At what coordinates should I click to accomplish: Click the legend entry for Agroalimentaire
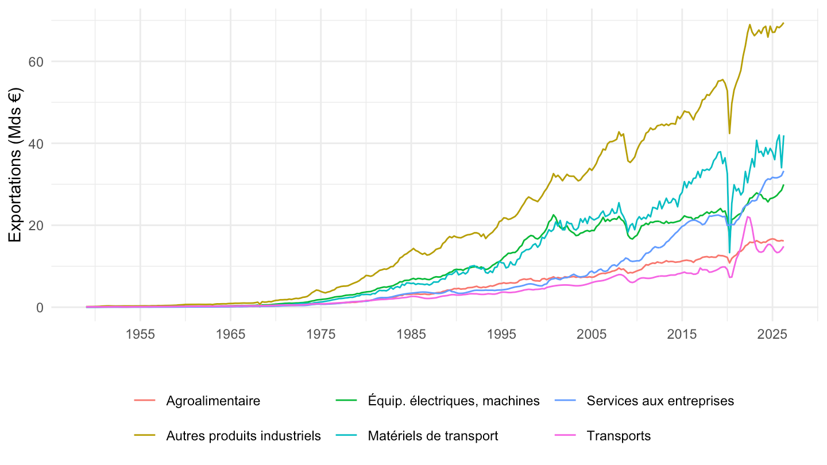pyautogui.click(x=213, y=401)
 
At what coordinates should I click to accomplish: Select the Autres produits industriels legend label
pyautogui.click(x=244, y=436)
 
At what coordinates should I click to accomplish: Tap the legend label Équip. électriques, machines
pyautogui.click(x=453, y=401)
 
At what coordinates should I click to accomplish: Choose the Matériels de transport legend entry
pyautogui.click(x=432, y=436)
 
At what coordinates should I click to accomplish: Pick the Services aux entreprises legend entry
pyautogui.click(x=660, y=401)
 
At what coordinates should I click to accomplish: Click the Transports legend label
pyautogui.click(x=619, y=436)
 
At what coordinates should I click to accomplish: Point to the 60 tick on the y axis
pyautogui.click(x=36, y=62)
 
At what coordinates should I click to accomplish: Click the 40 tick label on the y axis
pyautogui.click(x=36, y=144)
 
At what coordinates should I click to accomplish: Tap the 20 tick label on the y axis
pyautogui.click(x=36, y=226)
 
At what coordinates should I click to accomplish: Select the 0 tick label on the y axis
pyautogui.click(x=40, y=308)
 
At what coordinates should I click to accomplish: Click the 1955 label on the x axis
pyautogui.click(x=140, y=334)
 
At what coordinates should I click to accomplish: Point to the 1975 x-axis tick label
pyautogui.click(x=321, y=334)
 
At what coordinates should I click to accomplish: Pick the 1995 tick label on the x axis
pyautogui.click(x=501, y=334)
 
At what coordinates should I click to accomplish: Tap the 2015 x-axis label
pyautogui.click(x=682, y=334)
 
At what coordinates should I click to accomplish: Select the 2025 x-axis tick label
pyautogui.click(x=772, y=334)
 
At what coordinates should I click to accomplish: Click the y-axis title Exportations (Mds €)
pyautogui.click(x=15, y=165)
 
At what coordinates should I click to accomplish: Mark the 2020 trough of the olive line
pyautogui.click(x=729, y=133)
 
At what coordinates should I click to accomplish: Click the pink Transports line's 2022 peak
pyautogui.click(x=748, y=216)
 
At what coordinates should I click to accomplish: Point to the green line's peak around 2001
pyautogui.click(x=553, y=215)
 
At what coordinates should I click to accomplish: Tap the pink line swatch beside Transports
pyautogui.click(x=565, y=436)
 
